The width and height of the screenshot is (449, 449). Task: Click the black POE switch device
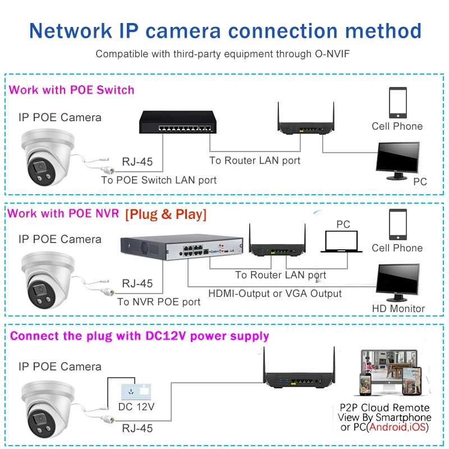coord(178,122)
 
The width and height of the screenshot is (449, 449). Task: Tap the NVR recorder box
coord(182,248)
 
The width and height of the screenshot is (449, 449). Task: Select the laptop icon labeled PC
coord(341,242)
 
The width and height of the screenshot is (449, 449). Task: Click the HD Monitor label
coord(398,308)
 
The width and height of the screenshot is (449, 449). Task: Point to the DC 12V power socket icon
coord(136,391)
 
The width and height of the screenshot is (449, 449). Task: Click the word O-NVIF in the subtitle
coord(332,54)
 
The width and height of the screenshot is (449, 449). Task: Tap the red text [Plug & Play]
coord(166,214)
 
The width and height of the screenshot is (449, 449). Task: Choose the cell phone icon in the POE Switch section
coord(398,103)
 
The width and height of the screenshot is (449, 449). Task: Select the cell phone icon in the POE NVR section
coord(398,224)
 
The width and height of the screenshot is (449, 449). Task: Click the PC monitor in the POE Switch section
coord(398,161)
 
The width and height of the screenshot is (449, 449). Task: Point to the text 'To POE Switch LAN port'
coord(159,180)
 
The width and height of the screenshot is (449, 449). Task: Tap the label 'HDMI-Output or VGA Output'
coord(275,294)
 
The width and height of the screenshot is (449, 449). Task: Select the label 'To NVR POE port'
coord(159,302)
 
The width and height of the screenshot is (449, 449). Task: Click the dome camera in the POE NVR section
coord(48,280)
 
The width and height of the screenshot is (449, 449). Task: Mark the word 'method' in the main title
coord(383,31)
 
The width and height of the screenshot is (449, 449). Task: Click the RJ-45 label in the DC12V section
coord(137,428)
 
